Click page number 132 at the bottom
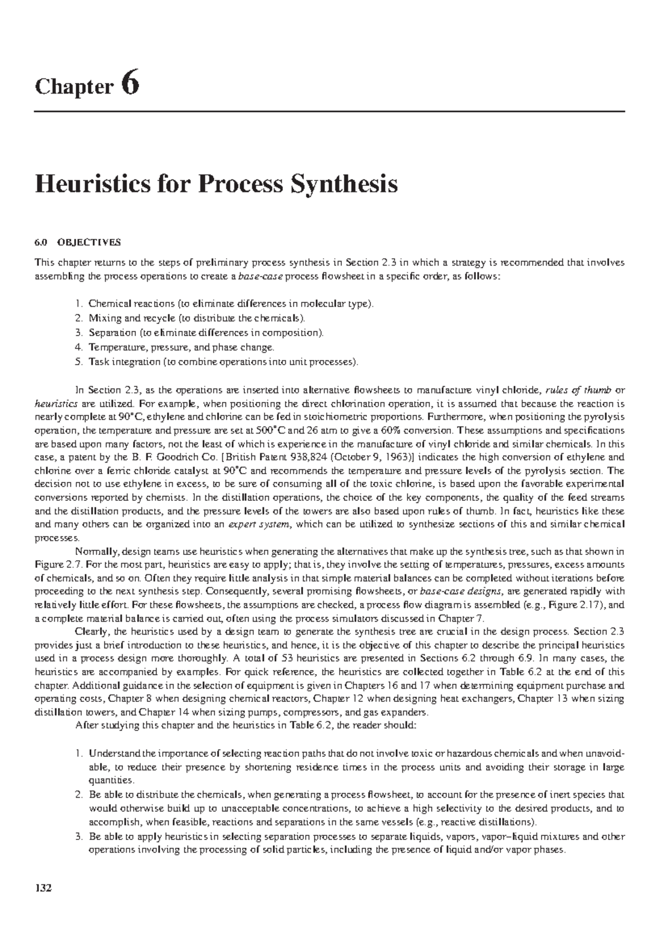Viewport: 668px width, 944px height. pos(43,903)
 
